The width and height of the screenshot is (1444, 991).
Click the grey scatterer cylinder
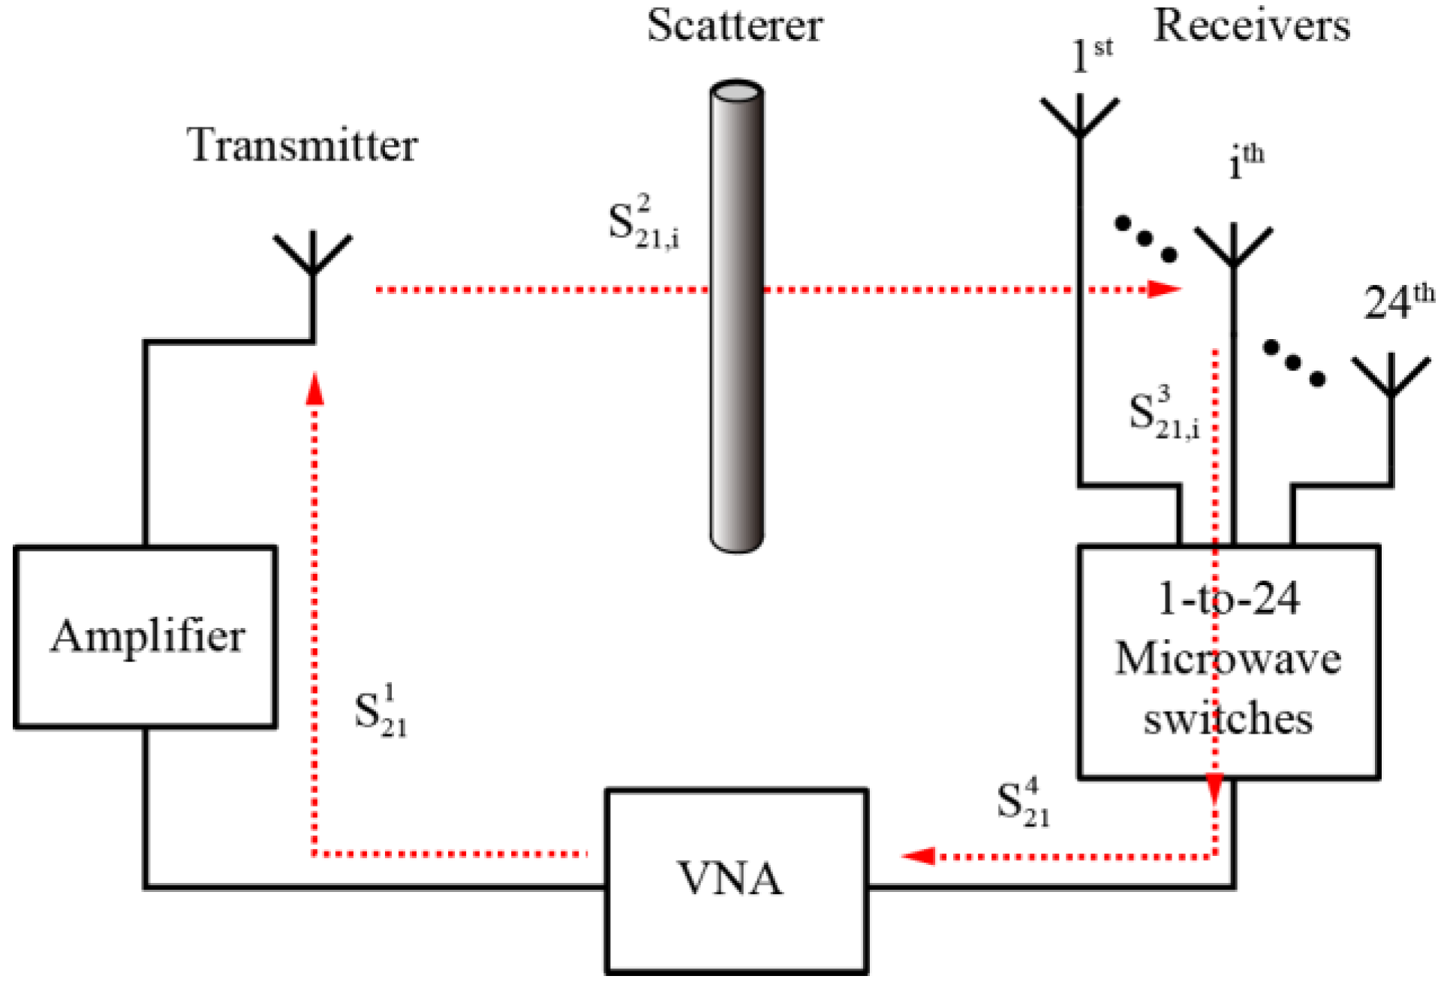pyautogui.click(x=737, y=316)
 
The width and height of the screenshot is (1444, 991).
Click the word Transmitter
pyautogui.click(x=302, y=145)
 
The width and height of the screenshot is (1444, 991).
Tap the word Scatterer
pyautogui.click(x=735, y=26)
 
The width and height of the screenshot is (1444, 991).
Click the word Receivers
pyautogui.click(x=1252, y=26)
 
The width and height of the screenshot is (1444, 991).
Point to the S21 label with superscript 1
pyautogui.click(x=381, y=711)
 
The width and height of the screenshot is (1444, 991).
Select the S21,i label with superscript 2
pyautogui.click(x=644, y=222)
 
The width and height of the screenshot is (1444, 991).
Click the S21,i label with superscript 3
pyautogui.click(x=1164, y=412)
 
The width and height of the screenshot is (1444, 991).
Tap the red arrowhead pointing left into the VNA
pyautogui.click(x=918, y=856)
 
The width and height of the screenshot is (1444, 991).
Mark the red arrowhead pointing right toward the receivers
pyautogui.click(x=1165, y=289)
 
